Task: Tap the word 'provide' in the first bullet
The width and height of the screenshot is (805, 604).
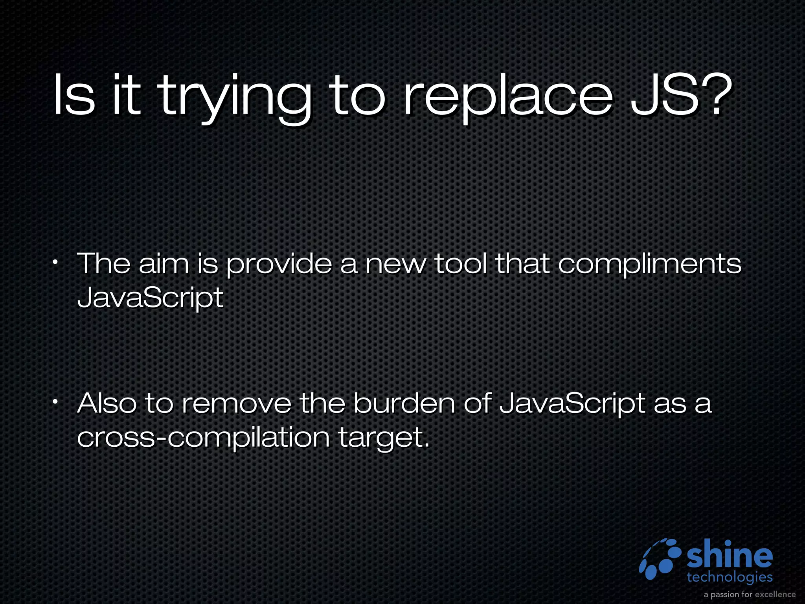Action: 279,265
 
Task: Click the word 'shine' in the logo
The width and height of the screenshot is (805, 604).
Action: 730,556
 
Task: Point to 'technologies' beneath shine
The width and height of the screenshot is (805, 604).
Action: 730,577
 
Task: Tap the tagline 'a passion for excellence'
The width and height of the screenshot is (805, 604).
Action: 750,594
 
